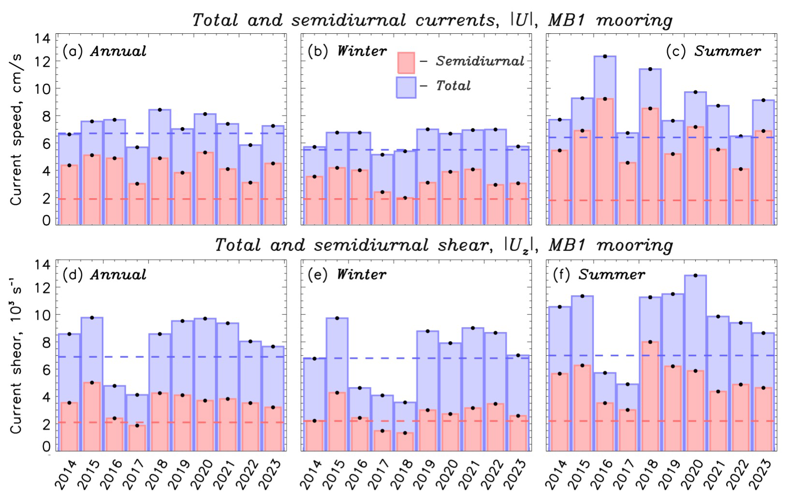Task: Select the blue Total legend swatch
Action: point(406,87)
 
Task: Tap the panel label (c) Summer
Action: point(713,51)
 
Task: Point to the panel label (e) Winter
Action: point(347,275)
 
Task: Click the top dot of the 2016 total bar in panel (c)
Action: point(604,57)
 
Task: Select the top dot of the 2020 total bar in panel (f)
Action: point(695,276)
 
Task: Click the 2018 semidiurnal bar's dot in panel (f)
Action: point(650,342)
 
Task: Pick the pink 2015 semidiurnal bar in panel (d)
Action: point(91,416)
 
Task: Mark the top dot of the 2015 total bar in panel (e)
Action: point(336,318)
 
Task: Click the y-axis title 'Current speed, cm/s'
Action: point(16,126)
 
